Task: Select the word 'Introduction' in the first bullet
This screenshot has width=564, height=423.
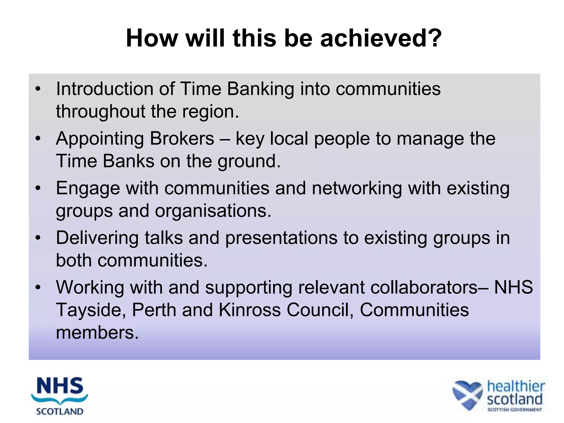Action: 104,89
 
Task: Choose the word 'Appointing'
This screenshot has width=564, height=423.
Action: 100,139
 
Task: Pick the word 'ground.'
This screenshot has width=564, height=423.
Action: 249,161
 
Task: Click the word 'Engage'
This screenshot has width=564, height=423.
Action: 88,189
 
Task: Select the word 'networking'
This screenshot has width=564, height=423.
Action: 357,189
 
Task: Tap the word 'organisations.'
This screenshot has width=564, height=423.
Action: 213,211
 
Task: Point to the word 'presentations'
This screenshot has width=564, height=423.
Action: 281,238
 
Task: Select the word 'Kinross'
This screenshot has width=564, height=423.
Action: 250,310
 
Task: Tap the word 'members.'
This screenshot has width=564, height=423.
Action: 97,333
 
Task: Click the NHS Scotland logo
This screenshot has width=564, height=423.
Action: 60,396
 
